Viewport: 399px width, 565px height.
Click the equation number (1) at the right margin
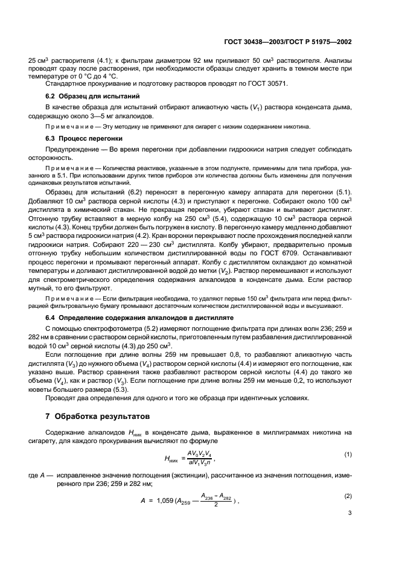click(x=348, y=453)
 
